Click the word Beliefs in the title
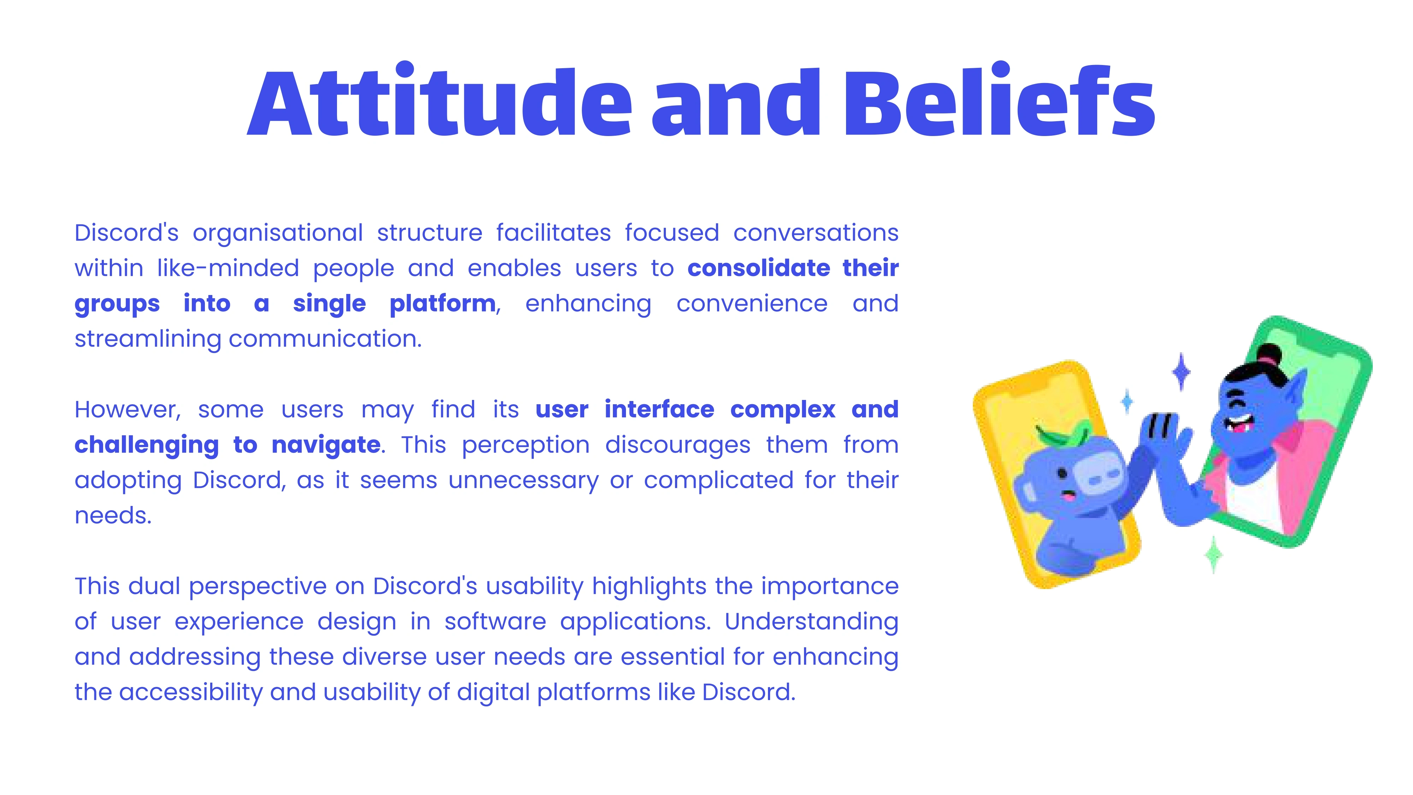pos(999,99)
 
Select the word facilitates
pos(554,232)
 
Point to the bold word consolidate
pos(759,268)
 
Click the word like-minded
pos(228,268)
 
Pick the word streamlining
pos(148,340)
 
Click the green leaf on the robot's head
pos(1063,434)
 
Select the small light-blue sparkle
pos(1127,402)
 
